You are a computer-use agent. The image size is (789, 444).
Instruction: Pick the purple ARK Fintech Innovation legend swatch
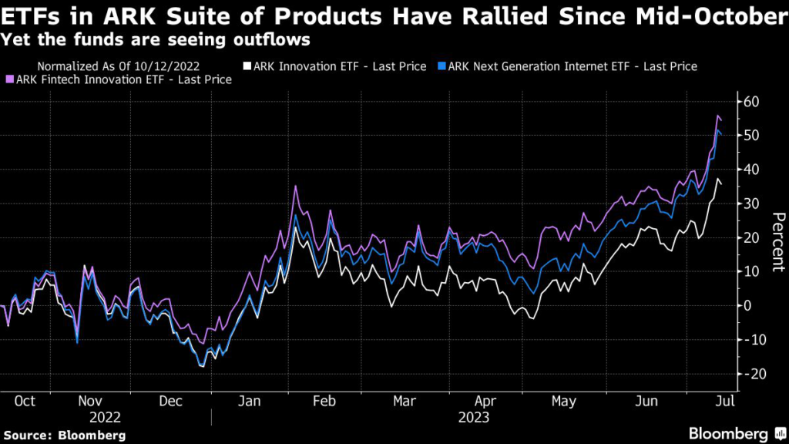[x=10, y=79]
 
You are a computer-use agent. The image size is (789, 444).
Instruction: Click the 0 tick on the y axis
[x=745, y=305]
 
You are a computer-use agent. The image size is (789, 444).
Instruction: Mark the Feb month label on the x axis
[x=324, y=402]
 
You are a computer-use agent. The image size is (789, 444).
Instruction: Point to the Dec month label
[x=170, y=402]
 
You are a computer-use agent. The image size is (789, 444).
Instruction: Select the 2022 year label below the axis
[x=105, y=417]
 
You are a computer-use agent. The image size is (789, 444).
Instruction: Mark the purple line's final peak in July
[x=717, y=116]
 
